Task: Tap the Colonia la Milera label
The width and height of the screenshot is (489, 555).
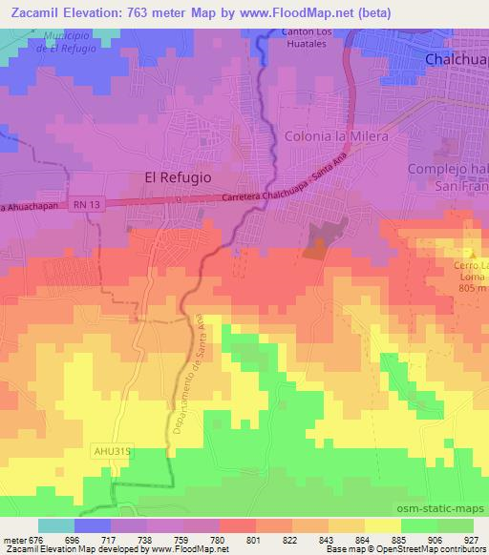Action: (x=336, y=136)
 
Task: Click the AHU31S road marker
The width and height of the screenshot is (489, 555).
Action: (x=112, y=451)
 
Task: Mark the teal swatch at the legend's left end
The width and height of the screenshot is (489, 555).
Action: (x=55, y=525)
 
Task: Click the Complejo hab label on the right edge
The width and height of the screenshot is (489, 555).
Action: (x=447, y=169)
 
